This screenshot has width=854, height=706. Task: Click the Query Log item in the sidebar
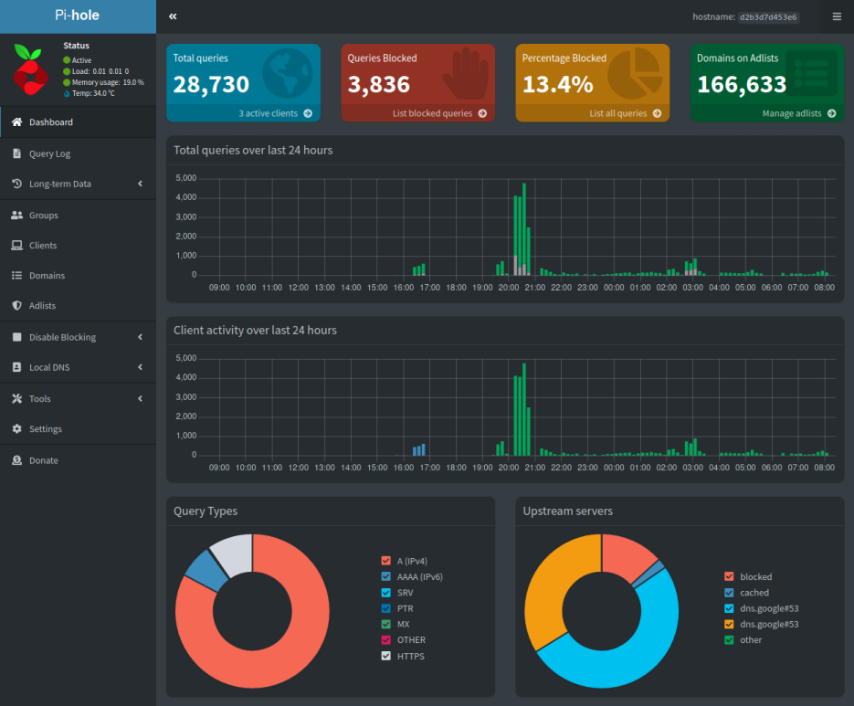49,153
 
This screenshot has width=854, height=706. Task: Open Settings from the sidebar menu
45,428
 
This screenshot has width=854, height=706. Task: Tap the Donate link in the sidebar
43,460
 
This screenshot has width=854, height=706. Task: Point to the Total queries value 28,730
211,85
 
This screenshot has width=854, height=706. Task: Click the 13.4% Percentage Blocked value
557,85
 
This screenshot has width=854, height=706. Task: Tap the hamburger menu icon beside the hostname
837,16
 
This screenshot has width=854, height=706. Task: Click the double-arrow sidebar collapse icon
173,16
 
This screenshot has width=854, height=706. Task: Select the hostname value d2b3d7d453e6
768,16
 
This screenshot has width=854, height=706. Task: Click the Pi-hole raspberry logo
31,69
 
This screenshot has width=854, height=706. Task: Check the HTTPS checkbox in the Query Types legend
386,656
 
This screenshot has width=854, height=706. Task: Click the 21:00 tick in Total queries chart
535,287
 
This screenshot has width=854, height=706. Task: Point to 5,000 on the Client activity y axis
185,358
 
